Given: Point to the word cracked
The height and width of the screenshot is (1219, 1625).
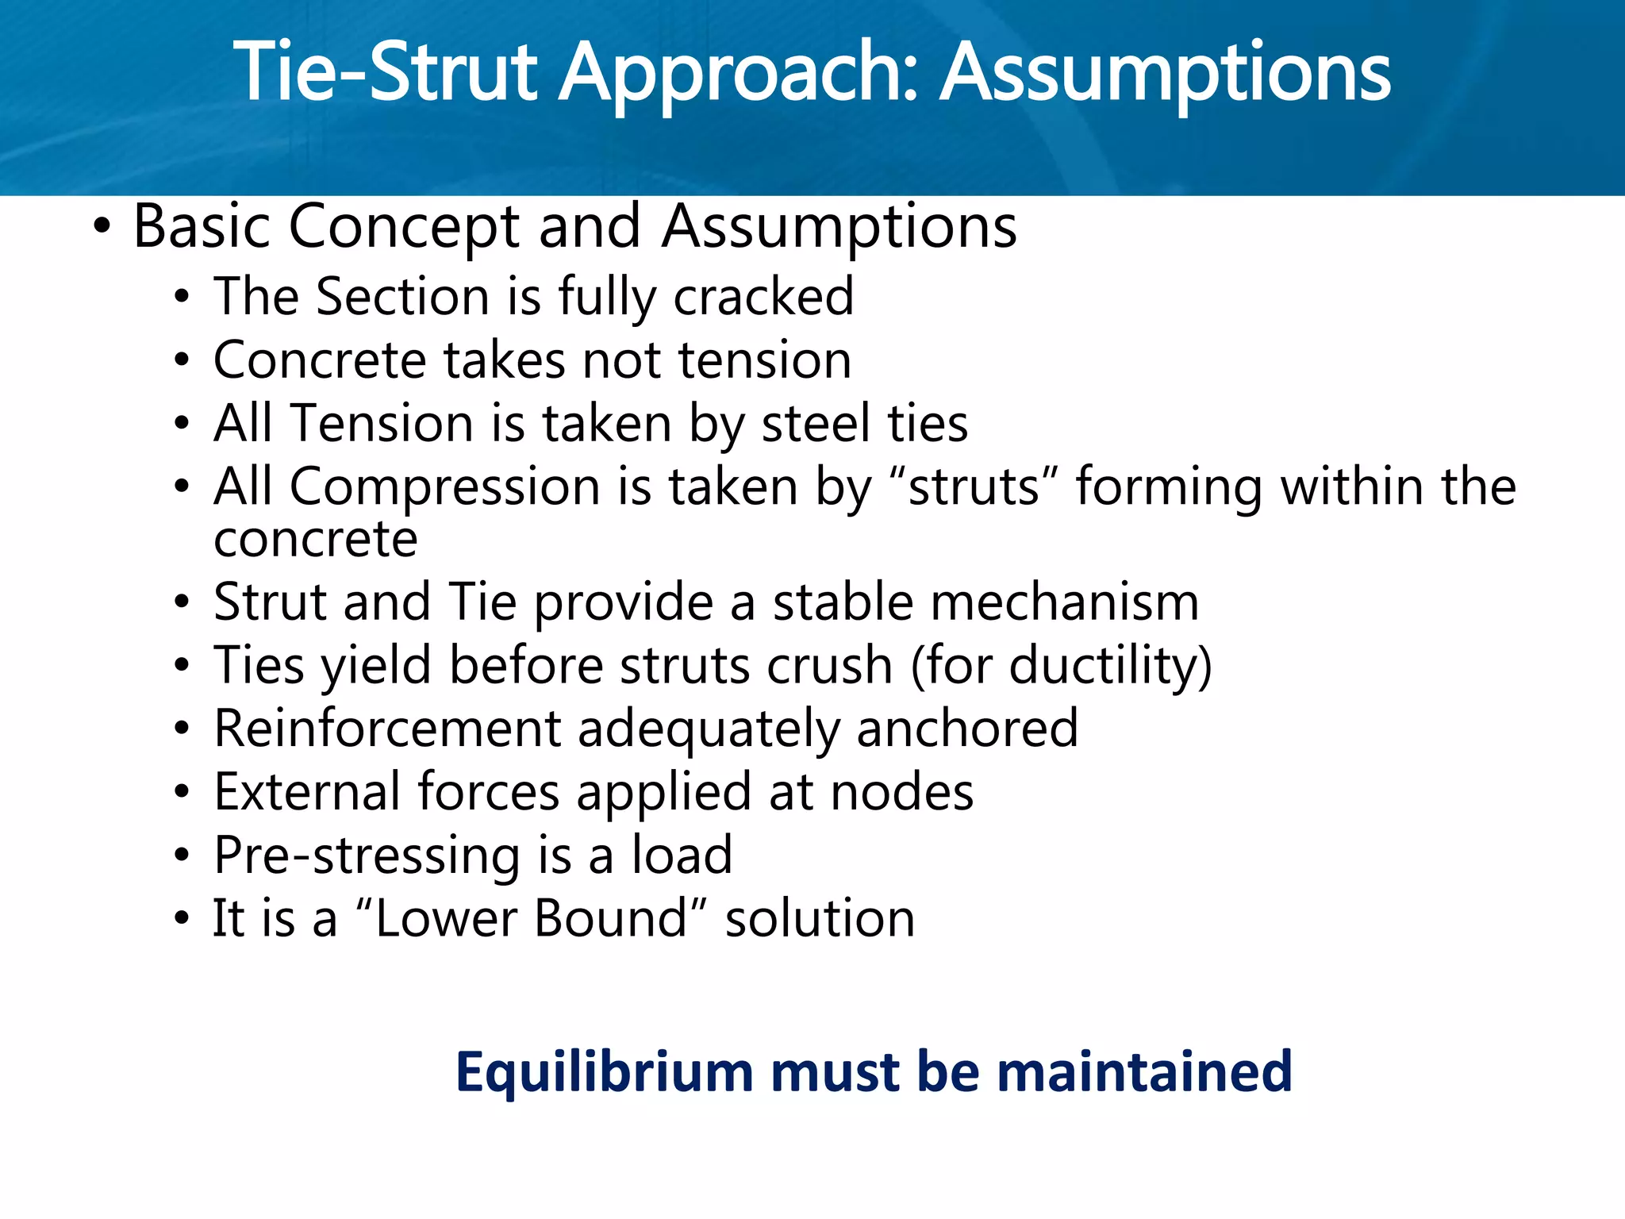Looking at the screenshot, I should tap(763, 297).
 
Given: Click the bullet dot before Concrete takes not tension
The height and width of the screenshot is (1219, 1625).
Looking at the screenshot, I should tap(182, 361).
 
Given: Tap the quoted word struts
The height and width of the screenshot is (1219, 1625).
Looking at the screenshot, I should tap(974, 486).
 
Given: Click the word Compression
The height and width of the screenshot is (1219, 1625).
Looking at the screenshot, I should tap(444, 486).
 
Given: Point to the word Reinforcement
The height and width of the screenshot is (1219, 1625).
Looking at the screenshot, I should tap(387, 729).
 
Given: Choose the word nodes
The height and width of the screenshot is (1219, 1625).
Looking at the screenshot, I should tap(901, 792).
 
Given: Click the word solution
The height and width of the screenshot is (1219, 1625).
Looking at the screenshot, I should tap(820, 919).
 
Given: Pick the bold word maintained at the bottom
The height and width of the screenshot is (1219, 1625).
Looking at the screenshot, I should tap(1143, 1071).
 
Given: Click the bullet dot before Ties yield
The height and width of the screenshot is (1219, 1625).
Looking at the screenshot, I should tap(182, 665).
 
